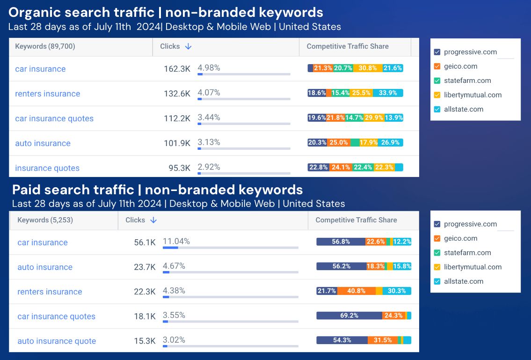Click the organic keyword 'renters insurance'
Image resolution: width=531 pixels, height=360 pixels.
point(47,94)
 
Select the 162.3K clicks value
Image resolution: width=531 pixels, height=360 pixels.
point(177,69)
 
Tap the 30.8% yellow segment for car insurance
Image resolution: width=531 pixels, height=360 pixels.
point(368,68)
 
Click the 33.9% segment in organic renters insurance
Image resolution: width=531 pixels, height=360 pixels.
point(388,93)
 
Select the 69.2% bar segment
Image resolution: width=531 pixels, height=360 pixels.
point(349,316)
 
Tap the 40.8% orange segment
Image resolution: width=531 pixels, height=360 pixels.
point(356,291)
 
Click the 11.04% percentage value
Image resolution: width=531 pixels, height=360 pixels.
point(176,242)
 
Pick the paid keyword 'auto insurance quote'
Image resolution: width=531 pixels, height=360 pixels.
point(57,341)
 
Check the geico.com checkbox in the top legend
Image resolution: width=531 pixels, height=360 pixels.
point(437,66)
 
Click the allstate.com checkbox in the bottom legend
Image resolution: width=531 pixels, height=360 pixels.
point(437,281)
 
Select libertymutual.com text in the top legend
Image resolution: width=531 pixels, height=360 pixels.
point(473,95)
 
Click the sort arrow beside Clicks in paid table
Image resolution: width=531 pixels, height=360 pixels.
point(153,220)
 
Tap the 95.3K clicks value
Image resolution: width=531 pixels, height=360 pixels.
point(179,168)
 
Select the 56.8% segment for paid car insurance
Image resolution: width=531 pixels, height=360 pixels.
point(341,242)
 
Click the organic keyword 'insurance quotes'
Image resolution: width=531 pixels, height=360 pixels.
point(47,168)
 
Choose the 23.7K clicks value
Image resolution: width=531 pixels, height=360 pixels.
point(145,267)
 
